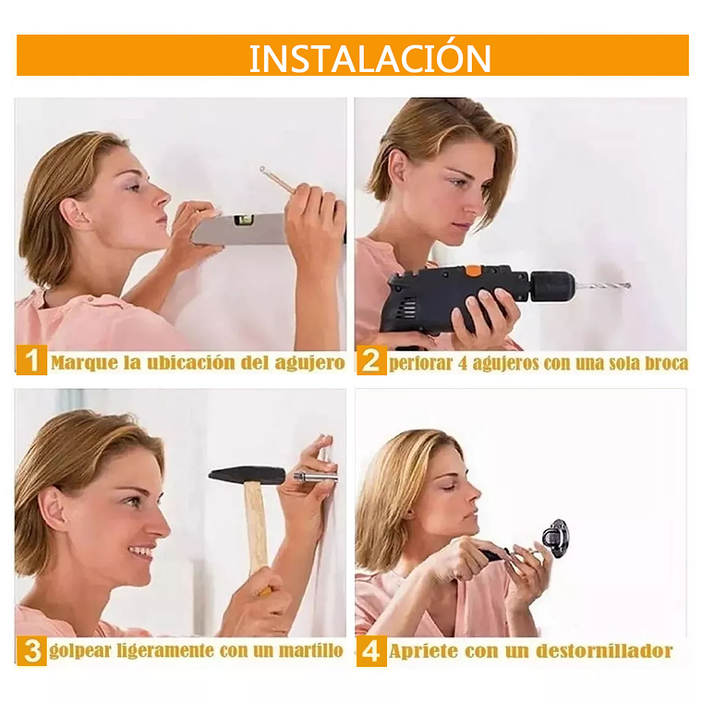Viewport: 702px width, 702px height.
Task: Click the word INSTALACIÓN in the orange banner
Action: tap(369, 57)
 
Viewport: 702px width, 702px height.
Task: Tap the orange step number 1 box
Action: tap(31, 359)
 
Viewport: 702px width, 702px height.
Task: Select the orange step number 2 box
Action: tap(371, 360)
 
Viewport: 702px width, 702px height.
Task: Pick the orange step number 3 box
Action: tap(31, 650)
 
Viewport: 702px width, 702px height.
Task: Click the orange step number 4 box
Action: tap(371, 651)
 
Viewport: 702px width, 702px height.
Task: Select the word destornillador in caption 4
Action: tap(604, 651)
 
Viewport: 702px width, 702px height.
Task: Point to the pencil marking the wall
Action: tap(277, 180)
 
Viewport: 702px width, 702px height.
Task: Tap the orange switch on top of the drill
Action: tap(472, 270)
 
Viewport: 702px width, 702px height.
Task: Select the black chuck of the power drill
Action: tap(552, 285)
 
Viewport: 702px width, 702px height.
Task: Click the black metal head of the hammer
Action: tap(248, 476)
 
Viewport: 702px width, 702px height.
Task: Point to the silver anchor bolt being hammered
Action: tap(312, 476)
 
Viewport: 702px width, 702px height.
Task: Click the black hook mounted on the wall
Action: tap(556, 539)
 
